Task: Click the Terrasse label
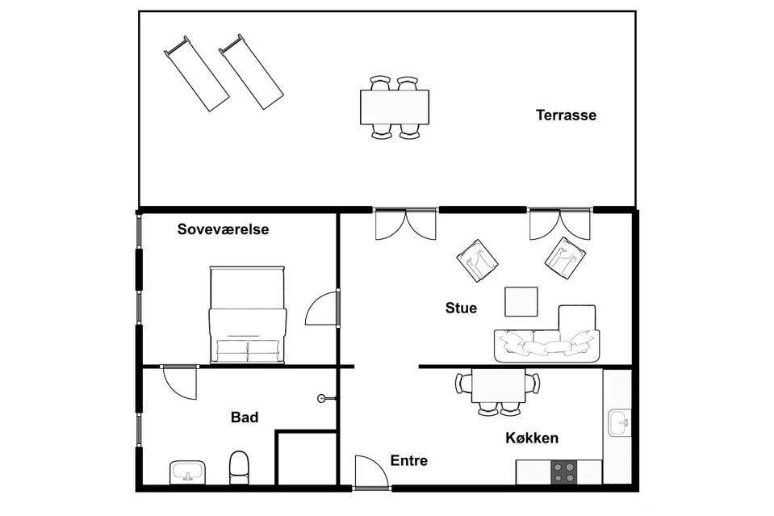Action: click(567, 115)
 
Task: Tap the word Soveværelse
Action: click(223, 229)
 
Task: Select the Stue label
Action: click(461, 308)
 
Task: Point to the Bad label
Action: click(245, 417)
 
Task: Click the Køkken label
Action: click(532, 438)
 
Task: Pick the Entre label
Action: click(408, 460)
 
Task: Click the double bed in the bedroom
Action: click(248, 315)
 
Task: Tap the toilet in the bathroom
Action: click(240, 467)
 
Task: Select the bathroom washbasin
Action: click(187, 472)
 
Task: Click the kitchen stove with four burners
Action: click(563, 472)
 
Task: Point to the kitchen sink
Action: click(619, 422)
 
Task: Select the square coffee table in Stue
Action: click(521, 301)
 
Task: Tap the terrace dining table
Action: click(395, 107)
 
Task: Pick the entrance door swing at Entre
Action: click(370, 471)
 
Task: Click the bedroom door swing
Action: click(321, 308)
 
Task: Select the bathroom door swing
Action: click(180, 382)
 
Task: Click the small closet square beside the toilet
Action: click(306, 459)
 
